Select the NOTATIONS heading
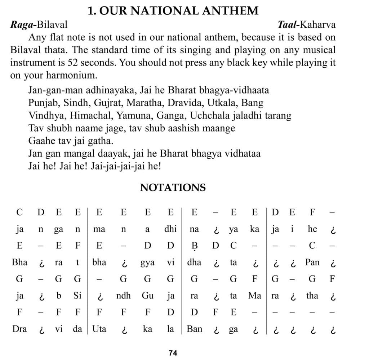click(173, 188)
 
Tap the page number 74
click(173, 353)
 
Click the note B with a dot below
click(194, 246)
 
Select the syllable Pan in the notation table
click(312, 262)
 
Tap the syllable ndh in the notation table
click(123, 296)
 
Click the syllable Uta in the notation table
click(99, 329)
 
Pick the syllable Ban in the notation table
click(194, 329)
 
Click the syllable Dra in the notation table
click(19, 329)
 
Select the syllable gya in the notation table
click(147, 262)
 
